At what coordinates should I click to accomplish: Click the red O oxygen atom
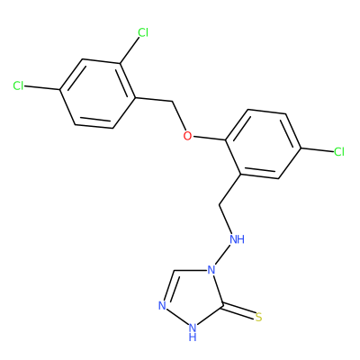pyautogui.click(x=187, y=136)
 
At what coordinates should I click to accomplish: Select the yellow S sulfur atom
pyautogui.click(x=259, y=317)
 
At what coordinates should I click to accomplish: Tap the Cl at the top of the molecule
pyautogui.click(x=143, y=32)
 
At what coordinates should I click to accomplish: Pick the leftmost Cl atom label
pyautogui.click(x=18, y=86)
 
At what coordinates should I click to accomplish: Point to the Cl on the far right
pyautogui.click(x=339, y=152)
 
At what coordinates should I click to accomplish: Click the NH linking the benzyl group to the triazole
pyautogui.click(x=237, y=239)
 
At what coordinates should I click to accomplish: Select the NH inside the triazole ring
pyautogui.click(x=193, y=331)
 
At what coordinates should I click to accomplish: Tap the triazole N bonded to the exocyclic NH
pyautogui.click(x=211, y=270)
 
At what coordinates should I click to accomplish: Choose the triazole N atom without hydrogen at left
pyautogui.click(x=162, y=306)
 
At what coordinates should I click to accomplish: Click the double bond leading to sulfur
pyautogui.click(x=238, y=310)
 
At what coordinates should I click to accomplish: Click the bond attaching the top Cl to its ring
pyautogui.click(x=130, y=50)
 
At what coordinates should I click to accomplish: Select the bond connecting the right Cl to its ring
pyautogui.click(x=317, y=149)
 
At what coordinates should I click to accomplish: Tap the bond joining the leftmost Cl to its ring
pyautogui.click(x=42, y=88)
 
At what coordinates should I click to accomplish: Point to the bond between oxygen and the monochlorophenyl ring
pyautogui.click(x=209, y=139)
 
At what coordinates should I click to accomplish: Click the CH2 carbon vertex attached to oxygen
pyautogui.click(x=173, y=102)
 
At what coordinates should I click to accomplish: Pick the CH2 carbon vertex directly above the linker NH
pyautogui.click(x=220, y=204)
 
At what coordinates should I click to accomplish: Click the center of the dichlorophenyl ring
pyautogui.click(x=97, y=94)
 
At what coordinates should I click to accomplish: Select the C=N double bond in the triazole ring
pyautogui.click(x=168, y=286)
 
